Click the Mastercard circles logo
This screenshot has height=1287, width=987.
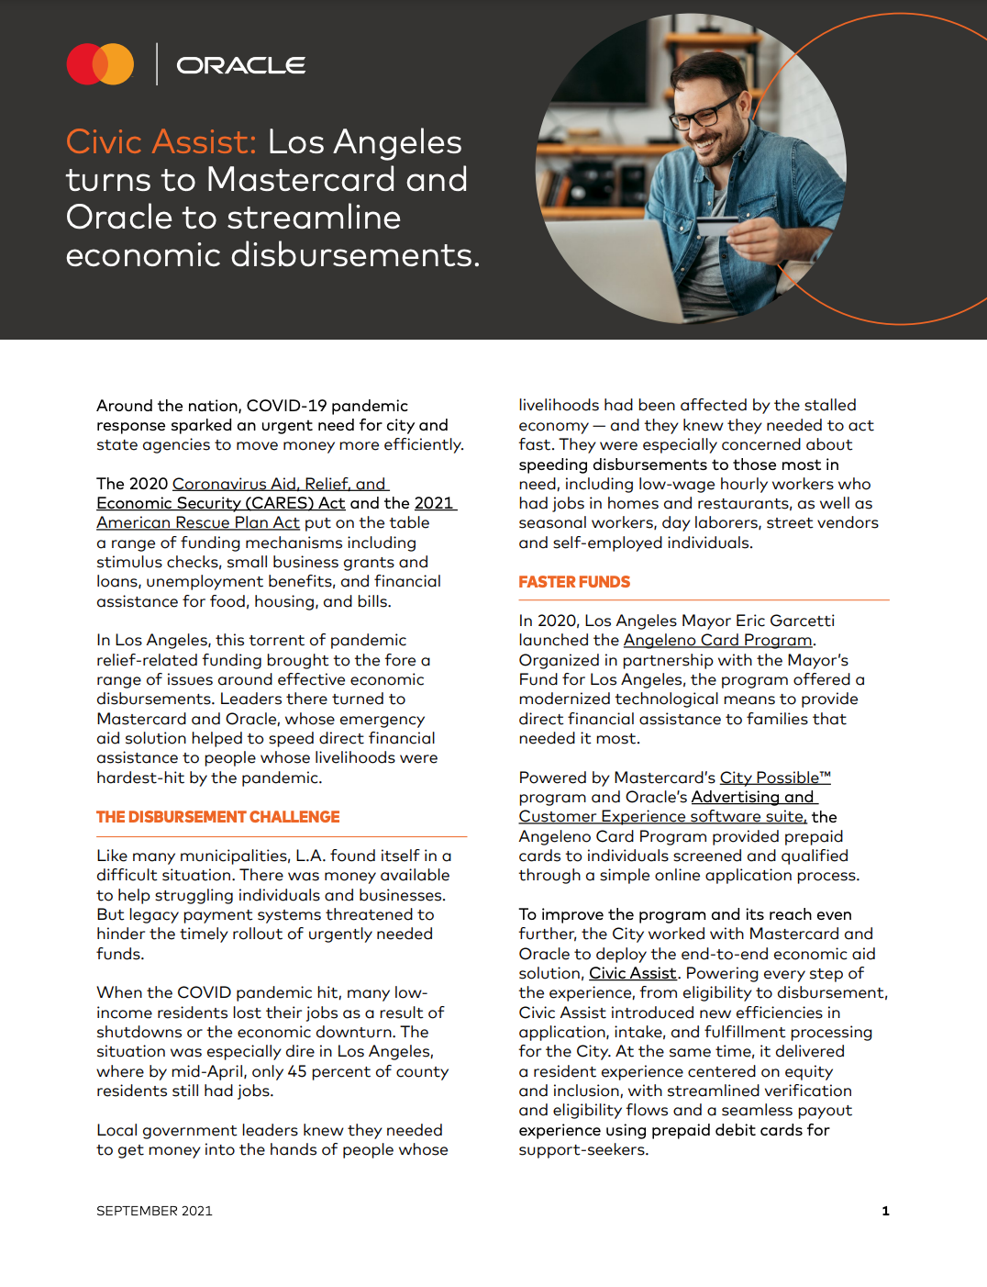(100, 64)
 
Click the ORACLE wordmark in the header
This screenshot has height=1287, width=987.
(240, 65)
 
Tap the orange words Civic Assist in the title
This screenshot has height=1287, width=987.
(161, 142)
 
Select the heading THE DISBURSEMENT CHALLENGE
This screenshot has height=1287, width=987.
(217, 817)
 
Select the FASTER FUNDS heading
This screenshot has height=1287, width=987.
(574, 582)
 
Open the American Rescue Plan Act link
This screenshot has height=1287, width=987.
(198, 522)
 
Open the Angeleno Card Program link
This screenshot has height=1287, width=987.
(717, 640)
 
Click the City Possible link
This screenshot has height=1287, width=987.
(774, 778)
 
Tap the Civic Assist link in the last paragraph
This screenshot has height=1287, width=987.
(632, 973)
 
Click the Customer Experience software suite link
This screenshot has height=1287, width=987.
(662, 816)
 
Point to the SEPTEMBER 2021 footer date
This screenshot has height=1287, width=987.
(154, 1211)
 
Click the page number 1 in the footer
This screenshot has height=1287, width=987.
(885, 1211)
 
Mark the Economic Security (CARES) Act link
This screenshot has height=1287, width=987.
(220, 503)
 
